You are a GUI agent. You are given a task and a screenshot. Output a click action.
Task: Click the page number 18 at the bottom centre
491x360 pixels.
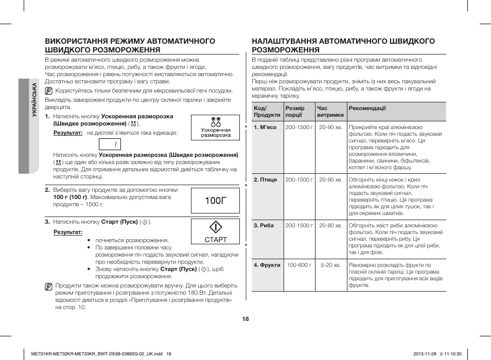tap(246, 319)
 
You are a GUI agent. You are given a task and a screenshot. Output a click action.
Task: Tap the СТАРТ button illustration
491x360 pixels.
tap(215, 231)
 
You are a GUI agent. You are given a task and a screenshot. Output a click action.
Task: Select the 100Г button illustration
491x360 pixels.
tap(215, 201)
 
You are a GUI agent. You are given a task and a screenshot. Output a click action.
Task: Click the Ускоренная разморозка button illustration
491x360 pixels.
tap(215, 128)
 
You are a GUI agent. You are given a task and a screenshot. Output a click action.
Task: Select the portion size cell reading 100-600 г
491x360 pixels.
tap(299, 265)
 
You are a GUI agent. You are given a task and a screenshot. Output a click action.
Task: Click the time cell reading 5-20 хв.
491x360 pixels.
tap(330, 265)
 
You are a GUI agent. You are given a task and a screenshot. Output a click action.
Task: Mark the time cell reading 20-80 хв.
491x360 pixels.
tap(330, 225)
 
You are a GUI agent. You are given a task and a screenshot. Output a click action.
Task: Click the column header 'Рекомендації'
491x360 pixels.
tap(367, 109)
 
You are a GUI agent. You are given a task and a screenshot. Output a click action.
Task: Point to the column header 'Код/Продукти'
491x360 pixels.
tap(267, 112)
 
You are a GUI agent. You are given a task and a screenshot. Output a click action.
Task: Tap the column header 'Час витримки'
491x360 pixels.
tap(330, 112)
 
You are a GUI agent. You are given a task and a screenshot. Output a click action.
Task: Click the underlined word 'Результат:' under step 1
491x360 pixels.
tap(68, 133)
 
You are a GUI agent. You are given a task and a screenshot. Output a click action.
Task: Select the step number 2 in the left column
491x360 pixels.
tap(47, 190)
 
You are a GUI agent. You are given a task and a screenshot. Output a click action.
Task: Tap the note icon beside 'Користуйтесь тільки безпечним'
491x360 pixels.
tap(49, 91)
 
